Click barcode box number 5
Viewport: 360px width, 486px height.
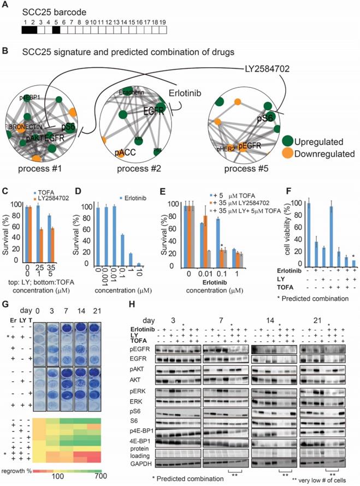click(56, 31)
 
